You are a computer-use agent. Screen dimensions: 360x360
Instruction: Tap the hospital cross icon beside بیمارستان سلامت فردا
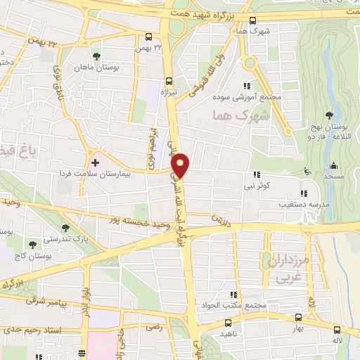coord(96,162)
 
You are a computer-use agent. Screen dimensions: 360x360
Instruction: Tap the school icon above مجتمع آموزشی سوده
coord(255,86)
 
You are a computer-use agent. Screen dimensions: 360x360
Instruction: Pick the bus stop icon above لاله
coord(339,330)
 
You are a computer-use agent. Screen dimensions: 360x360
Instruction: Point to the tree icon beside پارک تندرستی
coord(66,228)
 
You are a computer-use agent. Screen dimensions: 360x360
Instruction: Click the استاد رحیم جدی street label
coord(36,330)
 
